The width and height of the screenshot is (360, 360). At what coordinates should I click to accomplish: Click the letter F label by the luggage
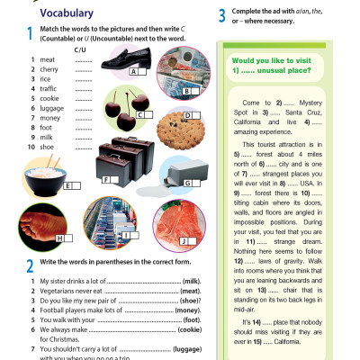107,180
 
